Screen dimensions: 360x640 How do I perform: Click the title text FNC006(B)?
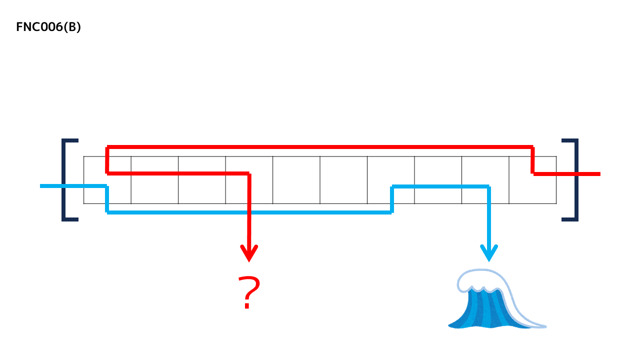(x=48, y=27)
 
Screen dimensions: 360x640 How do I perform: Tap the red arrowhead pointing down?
(x=248, y=253)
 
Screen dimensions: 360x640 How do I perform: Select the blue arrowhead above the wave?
(x=488, y=253)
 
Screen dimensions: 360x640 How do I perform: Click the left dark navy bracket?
(x=64, y=179)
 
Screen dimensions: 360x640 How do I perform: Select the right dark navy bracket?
(x=575, y=179)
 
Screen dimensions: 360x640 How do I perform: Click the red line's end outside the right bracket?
(x=597, y=174)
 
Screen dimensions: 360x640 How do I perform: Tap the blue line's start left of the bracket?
(x=42, y=186)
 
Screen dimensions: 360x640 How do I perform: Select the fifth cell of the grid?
(x=296, y=180)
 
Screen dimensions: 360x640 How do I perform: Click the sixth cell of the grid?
(x=343, y=180)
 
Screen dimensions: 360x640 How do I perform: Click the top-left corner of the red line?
(x=107, y=147)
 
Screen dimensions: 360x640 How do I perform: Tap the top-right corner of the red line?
(x=533, y=147)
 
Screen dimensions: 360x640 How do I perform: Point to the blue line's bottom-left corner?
(x=107, y=212)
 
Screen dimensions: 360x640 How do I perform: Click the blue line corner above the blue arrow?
(x=488, y=186)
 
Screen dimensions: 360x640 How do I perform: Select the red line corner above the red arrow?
(x=248, y=173)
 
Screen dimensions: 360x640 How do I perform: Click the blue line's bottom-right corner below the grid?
(x=391, y=212)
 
